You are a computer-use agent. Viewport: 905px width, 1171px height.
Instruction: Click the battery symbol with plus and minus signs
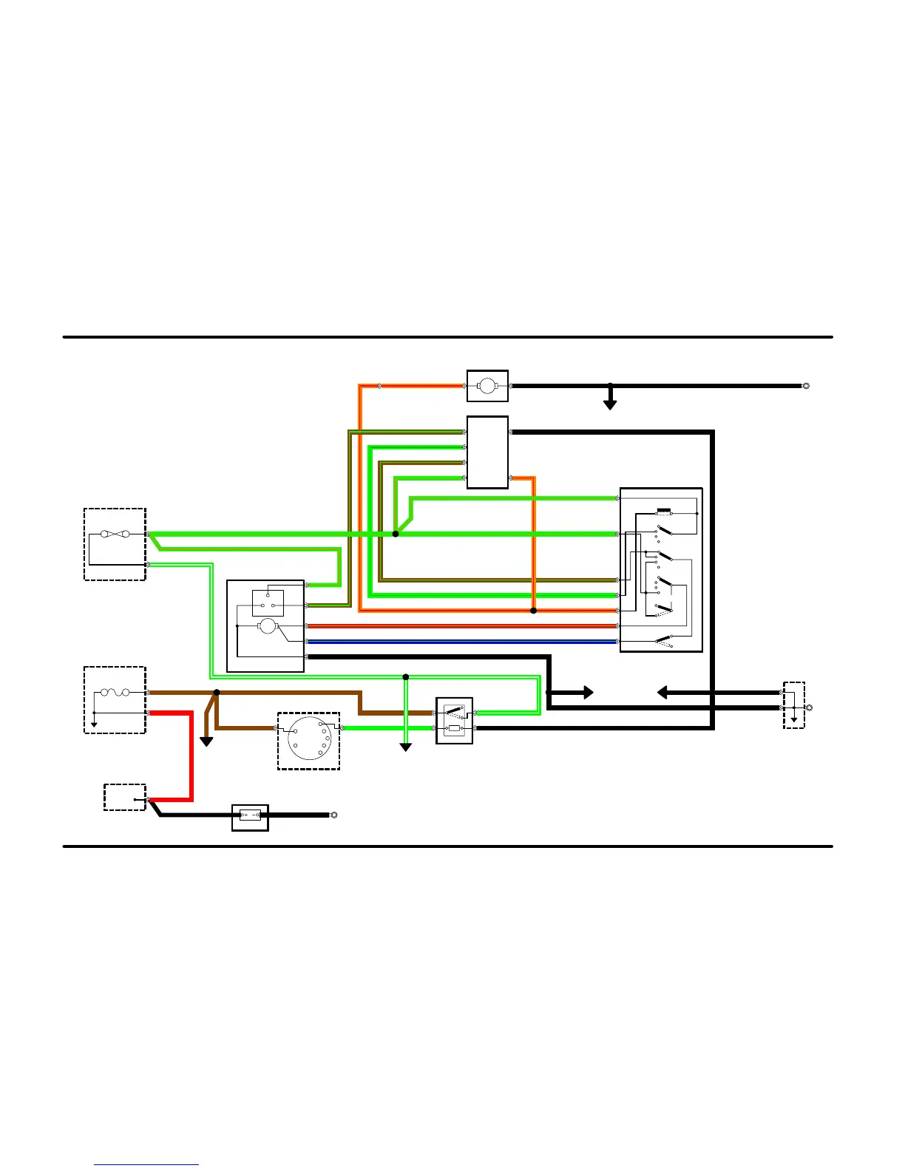[x=250, y=816]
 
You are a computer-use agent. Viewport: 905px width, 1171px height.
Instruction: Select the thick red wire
[x=191, y=754]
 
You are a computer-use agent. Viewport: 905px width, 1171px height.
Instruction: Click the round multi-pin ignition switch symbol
[x=309, y=739]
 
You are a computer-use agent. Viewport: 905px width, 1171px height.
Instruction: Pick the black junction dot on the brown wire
[x=217, y=693]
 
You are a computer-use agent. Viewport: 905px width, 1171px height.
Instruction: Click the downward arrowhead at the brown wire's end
[x=207, y=741]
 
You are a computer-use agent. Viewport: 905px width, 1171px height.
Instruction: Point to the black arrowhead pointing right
[x=587, y=693]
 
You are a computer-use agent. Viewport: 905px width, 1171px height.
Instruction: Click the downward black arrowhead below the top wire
[x=610, y=404]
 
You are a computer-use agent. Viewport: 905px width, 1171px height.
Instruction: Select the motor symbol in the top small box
[x=487, y=386]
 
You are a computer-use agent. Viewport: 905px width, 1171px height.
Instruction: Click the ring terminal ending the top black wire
[x=806, y=386]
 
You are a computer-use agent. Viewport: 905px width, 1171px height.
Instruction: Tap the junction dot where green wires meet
[x=396, y=534]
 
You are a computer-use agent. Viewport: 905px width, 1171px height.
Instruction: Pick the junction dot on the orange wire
[x=533, y=611]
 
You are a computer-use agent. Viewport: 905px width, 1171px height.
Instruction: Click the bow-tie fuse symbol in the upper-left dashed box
[x=115, y=534]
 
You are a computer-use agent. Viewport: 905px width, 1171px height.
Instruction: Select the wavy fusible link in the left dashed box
[x=115, y=693]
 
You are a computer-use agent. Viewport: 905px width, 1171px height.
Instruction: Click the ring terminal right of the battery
[x=333, y=815]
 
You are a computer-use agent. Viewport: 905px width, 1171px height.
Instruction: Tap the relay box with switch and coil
[x=455, y=721]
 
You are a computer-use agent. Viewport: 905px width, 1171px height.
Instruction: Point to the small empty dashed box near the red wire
[x=125, y=798]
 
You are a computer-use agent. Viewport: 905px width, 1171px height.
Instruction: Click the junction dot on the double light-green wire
[x=405, y=677]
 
